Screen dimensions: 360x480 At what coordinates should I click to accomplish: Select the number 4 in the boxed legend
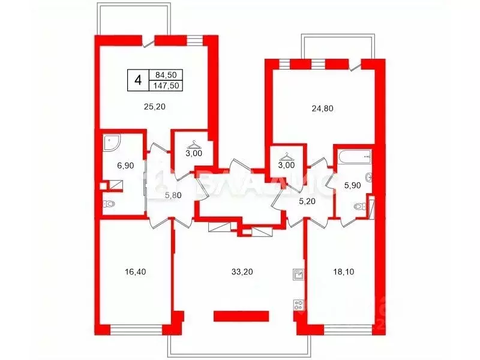click(138, 80)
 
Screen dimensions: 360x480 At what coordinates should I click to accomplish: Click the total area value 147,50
click(168, 85)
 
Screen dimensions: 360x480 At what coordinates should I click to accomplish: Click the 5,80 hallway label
click(173, 195)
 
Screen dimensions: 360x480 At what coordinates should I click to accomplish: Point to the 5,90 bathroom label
click(351, 185)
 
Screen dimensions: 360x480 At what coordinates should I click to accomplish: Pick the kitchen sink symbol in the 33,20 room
click(298, 275)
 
